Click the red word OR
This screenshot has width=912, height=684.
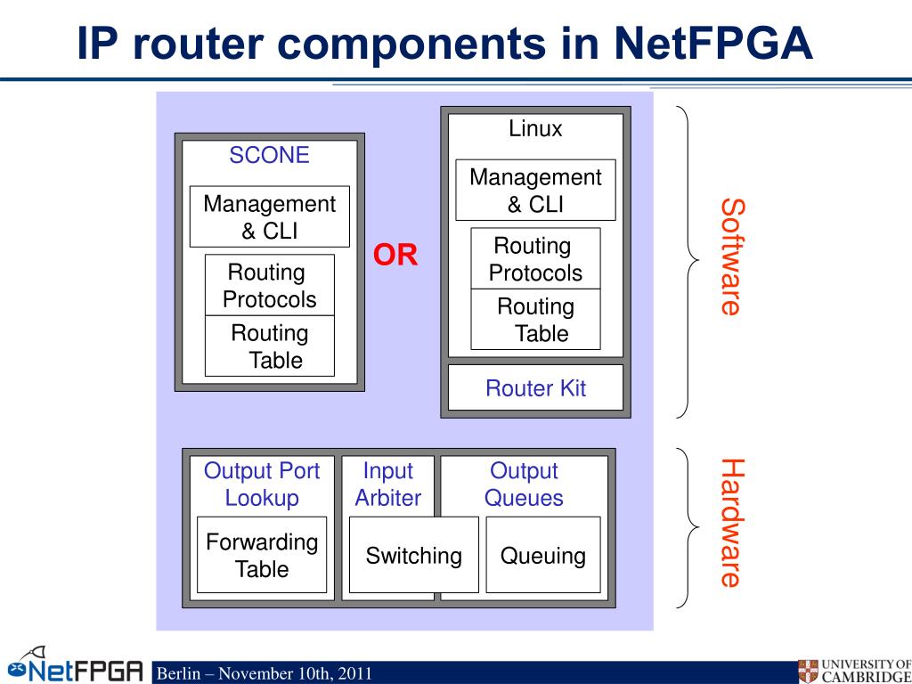395,256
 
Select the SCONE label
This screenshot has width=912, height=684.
269,155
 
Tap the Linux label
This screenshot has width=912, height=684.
535,128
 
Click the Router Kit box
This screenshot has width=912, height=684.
535,388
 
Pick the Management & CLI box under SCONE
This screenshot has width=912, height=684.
269,216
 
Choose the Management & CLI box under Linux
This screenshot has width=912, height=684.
535,190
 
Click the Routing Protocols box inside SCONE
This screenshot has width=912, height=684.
269,285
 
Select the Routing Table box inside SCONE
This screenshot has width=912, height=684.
269,346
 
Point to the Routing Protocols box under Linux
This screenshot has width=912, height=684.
535,258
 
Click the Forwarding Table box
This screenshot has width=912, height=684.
262,554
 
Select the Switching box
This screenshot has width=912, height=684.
413,555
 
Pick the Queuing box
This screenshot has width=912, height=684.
542,555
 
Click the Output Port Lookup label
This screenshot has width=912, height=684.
262,484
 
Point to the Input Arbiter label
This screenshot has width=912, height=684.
388,484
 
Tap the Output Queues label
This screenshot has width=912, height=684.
524,484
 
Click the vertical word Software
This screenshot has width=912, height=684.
731,256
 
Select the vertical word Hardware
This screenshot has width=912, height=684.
731,523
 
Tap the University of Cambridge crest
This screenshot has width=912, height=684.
808,671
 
